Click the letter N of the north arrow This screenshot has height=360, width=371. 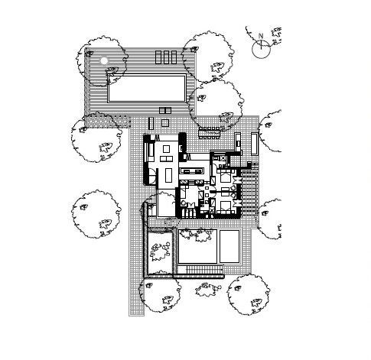click(x=261, y=36)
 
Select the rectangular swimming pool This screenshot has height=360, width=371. click(x=147, y=88)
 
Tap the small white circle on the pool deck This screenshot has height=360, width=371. click(x=104, y=60)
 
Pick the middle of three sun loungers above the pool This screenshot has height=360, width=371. click(x=166, y=57)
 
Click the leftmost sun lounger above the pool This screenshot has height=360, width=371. click(x=158, y=57)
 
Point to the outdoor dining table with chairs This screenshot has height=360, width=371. click(x=210, y=133)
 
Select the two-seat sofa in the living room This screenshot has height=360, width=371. click(x=166, y=159)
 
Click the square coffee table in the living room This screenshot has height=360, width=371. click(x=166, y=149)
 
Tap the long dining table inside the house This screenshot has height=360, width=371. click(x=168, y=176)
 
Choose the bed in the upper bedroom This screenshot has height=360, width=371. click(x=226, y=176)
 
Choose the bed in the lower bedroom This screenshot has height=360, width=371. click(x=225, y=207)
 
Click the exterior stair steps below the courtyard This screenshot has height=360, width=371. click(x=204, y=269)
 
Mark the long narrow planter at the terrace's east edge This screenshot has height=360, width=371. click(x=254, y=144)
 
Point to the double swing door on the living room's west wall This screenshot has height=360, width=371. click(x=151, y=176)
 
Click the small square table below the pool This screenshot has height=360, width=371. click(x=165, y=123)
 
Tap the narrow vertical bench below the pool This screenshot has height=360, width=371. click(x=151, y=123)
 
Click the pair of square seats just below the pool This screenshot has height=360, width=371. click(x=165, y=111)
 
